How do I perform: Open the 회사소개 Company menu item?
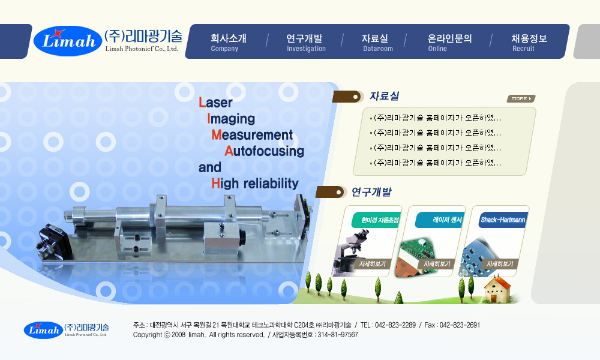click(229, 43)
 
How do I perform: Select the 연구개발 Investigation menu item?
click(306, 43)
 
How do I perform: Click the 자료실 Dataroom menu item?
click(377, 43)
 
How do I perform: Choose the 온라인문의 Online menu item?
click(449, 43)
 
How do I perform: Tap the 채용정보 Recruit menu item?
click(529, 43)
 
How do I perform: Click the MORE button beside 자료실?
click(521, 99)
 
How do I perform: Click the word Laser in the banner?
click(215, 103)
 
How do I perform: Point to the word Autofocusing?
click(265, 151)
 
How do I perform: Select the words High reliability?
click(255, 184)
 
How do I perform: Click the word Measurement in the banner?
click(252, 135)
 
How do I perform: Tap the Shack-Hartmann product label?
click(503, 220)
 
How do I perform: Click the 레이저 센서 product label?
click(447, 220)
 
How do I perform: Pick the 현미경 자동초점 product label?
click(379, 220)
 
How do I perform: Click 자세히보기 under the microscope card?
click(373, 264)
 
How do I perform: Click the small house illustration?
click(497, 290)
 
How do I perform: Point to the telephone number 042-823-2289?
click(395, 325)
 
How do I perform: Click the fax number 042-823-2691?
click(460, 325)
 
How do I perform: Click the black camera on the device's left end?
click(53, 242)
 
